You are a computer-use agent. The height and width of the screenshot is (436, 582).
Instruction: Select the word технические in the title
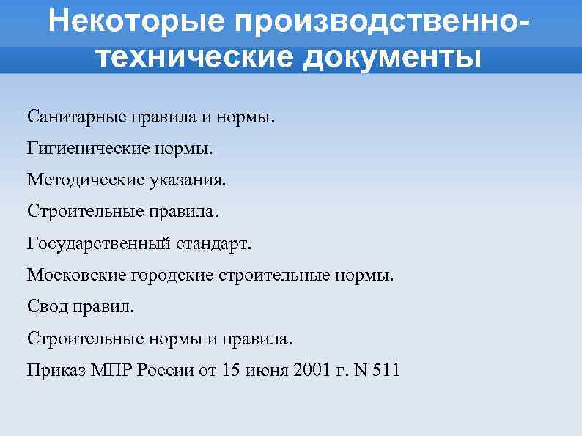click(182, 56)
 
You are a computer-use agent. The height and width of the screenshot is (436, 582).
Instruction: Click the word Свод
click(47, 306)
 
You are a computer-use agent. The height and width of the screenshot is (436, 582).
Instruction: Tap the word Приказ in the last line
click(56, 369)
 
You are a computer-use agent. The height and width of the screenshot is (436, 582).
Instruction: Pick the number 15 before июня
click(230, 369)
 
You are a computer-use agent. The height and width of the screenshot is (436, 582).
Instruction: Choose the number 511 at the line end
click(385, 369)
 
